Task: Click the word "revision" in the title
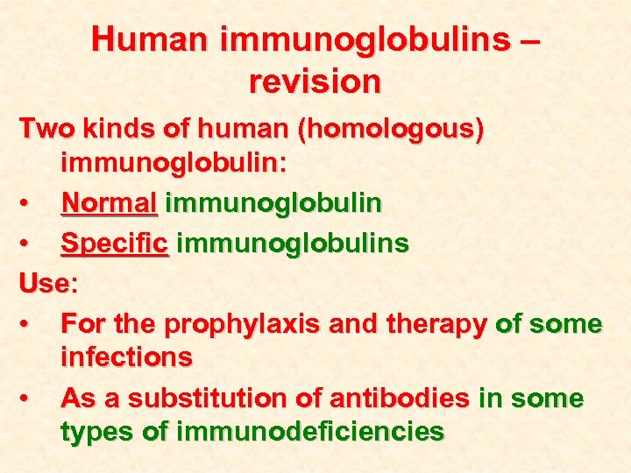point(315,81)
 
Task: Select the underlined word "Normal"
point(109,203)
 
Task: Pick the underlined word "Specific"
point(114,243)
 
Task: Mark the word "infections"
point(126,357)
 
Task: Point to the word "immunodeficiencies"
point(310,431)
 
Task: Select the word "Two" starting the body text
point(46,129)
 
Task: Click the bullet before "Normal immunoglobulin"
point(29,204)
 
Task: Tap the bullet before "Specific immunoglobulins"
point(29,244)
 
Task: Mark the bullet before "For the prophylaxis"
point(29,325)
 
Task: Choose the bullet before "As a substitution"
point(29,399)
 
